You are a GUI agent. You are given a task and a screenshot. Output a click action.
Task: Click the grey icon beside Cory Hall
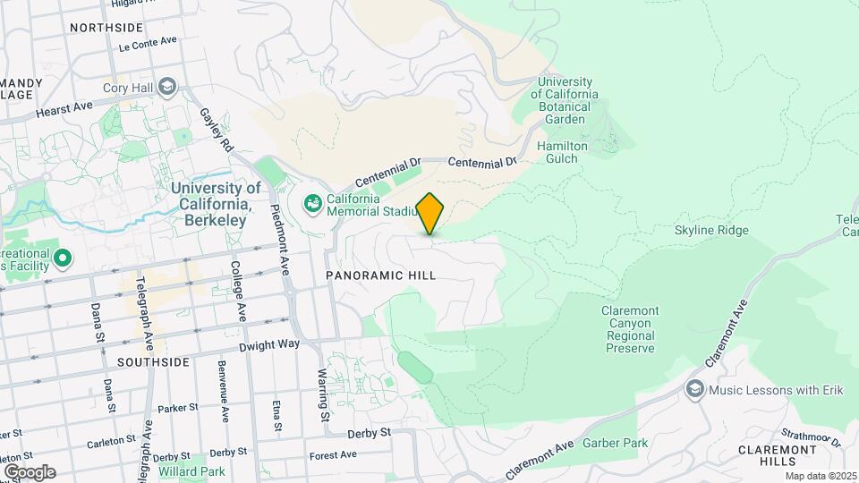click(x=166, y=87)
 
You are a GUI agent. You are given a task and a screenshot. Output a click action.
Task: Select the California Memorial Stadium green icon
click(x=312, y=205)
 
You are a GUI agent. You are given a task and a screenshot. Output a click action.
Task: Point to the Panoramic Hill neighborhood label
click(x=380, y=275)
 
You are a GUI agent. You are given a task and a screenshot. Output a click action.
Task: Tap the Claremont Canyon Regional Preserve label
click(x=629, y=329)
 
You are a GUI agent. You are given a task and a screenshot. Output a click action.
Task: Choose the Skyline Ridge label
click(x=711, y=230)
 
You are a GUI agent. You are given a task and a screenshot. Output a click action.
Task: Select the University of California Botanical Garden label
click(x=565, y=100)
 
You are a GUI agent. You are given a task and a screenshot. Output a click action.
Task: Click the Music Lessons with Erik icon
click(x=695, y=389)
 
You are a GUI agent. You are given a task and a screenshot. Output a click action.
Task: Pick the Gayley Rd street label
click(x=217, y=131)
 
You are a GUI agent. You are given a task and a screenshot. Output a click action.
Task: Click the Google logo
click(x=30, y=471)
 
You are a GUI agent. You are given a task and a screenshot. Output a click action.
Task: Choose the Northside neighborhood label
click(x=106, y=28)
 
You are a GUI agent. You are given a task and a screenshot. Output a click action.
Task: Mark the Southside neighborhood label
click(x=153, y=362)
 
